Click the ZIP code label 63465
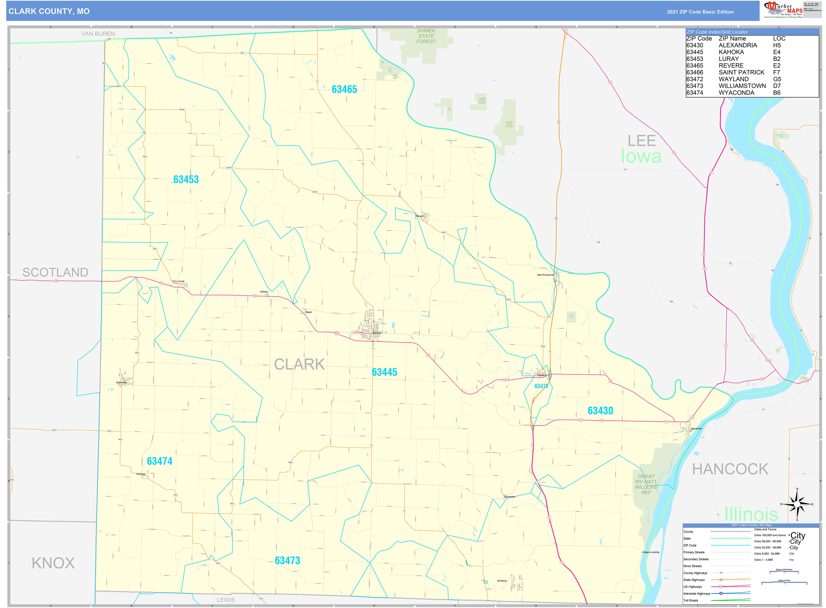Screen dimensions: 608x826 click(x=344, y=89)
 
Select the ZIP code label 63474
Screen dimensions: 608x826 click(x=160, y=461)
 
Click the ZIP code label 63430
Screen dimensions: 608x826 click(x=600, y=411)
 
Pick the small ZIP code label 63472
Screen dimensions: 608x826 click(x=541, y=386)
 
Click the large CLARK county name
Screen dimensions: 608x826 click(x=299, y=364)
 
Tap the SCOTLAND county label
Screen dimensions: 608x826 click(x=55, y=272)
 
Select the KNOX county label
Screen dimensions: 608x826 click(x=53, y=563)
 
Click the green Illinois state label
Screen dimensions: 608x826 click(x=751, y=514)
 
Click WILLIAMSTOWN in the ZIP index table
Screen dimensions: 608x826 click(x=742, y=86)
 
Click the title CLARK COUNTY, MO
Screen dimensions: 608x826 click(x=49, y=11)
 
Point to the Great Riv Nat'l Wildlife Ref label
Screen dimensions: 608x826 click(x=646, y=484)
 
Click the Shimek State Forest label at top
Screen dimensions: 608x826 click(x=426, y=36)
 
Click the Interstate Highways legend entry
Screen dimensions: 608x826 click(x=696, y=594)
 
